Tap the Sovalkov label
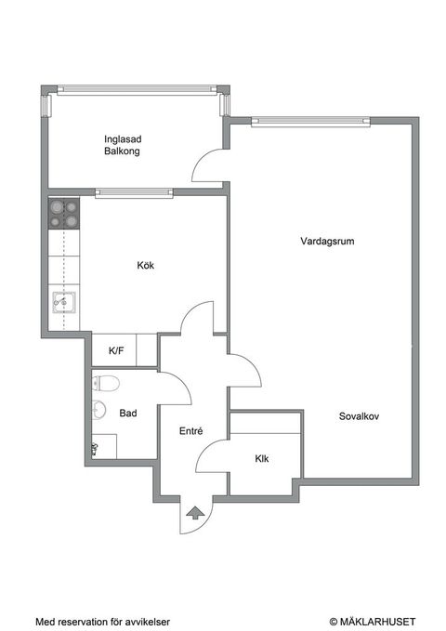click(359, 416)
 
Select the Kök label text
click(145, 266)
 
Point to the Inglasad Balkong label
click(122, 145)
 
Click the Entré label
click(190, 430)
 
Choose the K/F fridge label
click(117, 351)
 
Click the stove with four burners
click(63, 215)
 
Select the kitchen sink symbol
click(63, 301)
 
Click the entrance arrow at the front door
click(195, 511)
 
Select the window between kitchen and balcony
click(133, 193)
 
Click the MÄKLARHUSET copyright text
click(372, 621)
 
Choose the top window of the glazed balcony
click(137, 90)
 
